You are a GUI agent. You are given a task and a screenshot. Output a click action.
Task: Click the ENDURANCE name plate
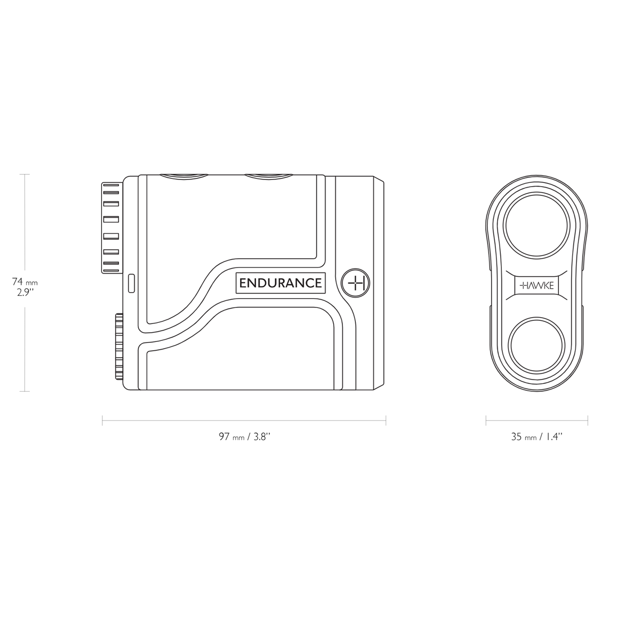pyautogui.click(x=280, y=283)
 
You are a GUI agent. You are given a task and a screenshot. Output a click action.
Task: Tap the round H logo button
pyautogui.click(x=356, y=283)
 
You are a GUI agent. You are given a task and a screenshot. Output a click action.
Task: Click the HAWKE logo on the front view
pyautogui.click(x=537, y=286)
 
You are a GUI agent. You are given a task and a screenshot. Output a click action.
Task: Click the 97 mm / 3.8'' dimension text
pyautogui.click(x=244, y=437)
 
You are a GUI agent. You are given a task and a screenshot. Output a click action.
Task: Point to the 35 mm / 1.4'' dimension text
pyautogui.click(x=537, y=437)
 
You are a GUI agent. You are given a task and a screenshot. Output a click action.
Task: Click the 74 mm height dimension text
pyautogui.click(x=25, y=282)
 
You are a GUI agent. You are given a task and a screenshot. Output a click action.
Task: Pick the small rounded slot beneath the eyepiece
pyautogui.click(x=131, y=283)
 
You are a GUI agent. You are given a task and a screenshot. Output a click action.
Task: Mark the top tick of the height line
pyautogui.click(x=24, y=174)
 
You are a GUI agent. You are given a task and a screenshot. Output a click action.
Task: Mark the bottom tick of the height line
pyautogui.click(x=24, y=392)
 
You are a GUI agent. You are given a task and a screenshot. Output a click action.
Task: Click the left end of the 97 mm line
pyautogui.click(x=103, y=421)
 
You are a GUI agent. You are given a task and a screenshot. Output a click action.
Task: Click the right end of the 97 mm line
pyautogui.click(x=386, y=421)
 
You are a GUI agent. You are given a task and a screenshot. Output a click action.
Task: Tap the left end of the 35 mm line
pyautogui.click(x=486, y=421)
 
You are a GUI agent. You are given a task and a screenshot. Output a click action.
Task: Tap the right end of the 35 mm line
pyautogui.click(x=588, y=421)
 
